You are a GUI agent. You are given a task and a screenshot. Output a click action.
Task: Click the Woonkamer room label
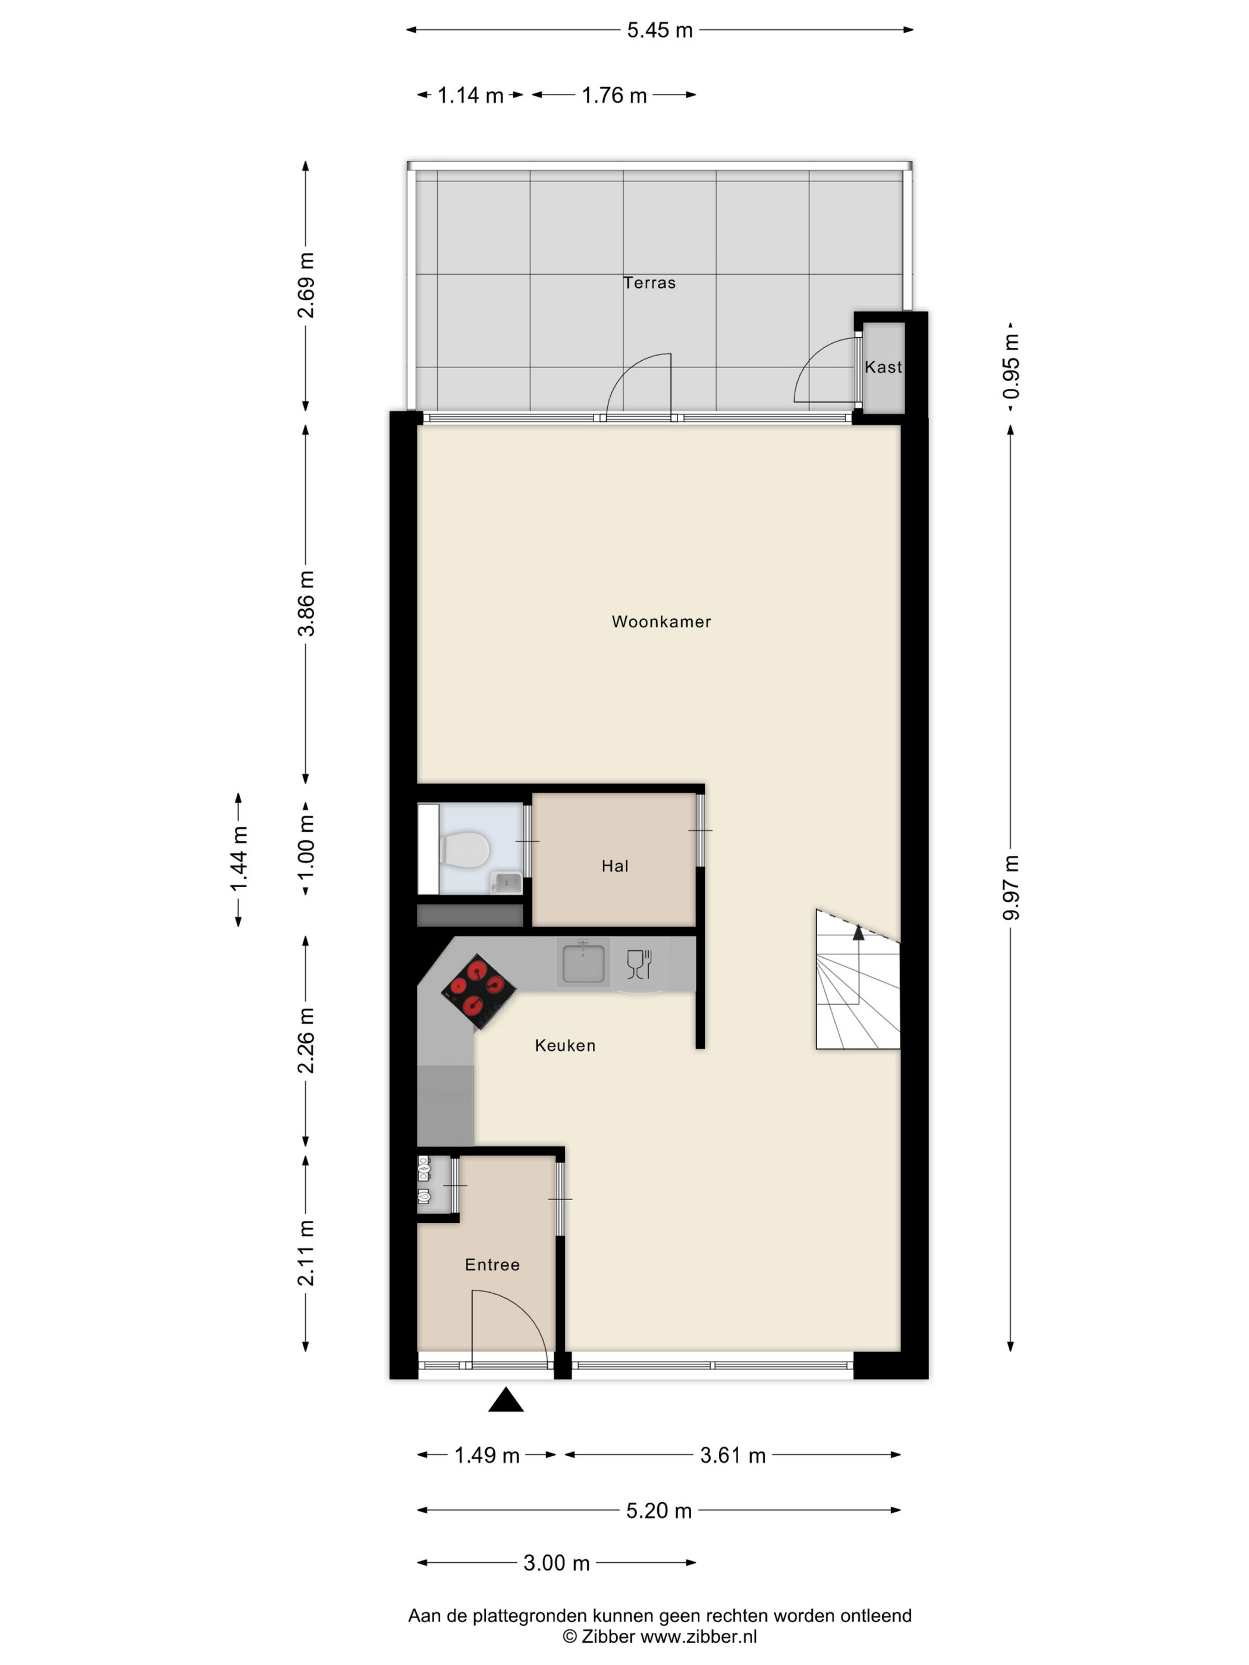(x=660, y=622)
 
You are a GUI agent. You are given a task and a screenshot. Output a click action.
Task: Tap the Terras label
(x=649, y=283)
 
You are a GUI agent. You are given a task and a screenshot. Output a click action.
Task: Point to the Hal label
(x=614, y=866)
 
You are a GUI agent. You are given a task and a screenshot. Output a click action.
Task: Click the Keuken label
(x=564, y=1045)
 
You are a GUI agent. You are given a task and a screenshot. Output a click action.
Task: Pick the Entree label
(x=492, y=1265)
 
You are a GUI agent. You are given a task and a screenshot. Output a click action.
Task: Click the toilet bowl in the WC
(x=465, y=849)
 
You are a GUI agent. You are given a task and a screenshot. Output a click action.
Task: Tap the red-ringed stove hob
(x=478, y=991)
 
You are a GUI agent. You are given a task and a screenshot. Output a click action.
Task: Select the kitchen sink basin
(x=583, y=962)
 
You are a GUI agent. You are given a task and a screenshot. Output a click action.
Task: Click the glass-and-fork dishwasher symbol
(x=638, y=963)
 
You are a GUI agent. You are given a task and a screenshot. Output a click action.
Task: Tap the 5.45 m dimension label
(x=660, y=30)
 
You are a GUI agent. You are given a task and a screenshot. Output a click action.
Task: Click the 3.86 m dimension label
(x=306, y=603)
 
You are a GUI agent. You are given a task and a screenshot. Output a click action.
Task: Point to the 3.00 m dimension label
(x=556, y=1563)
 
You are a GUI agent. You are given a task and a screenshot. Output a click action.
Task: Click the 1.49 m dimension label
(x=487, y=1455)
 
